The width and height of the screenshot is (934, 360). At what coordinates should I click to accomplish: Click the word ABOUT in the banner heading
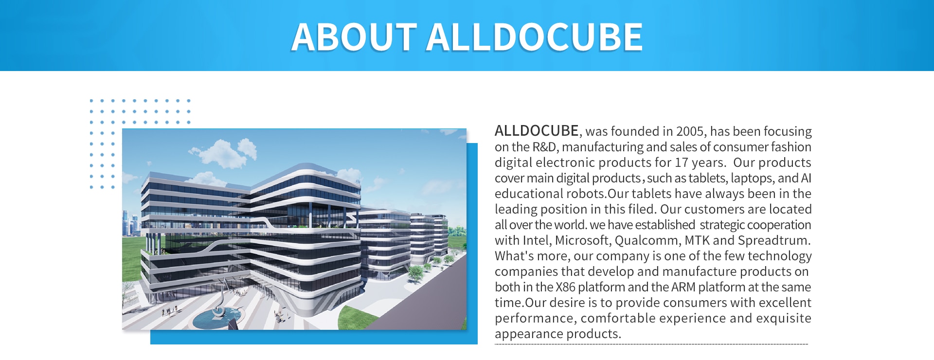click(354, 37)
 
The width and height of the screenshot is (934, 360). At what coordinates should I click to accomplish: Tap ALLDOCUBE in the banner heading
click(535, 37)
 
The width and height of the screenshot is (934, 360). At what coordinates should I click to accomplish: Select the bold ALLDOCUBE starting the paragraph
click(537, 131)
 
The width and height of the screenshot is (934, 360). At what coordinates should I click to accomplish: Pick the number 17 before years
click(682, 162)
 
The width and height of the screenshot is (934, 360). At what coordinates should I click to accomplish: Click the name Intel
click(537, 240)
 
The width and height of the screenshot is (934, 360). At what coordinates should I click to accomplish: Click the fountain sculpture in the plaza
click(219, 302)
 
